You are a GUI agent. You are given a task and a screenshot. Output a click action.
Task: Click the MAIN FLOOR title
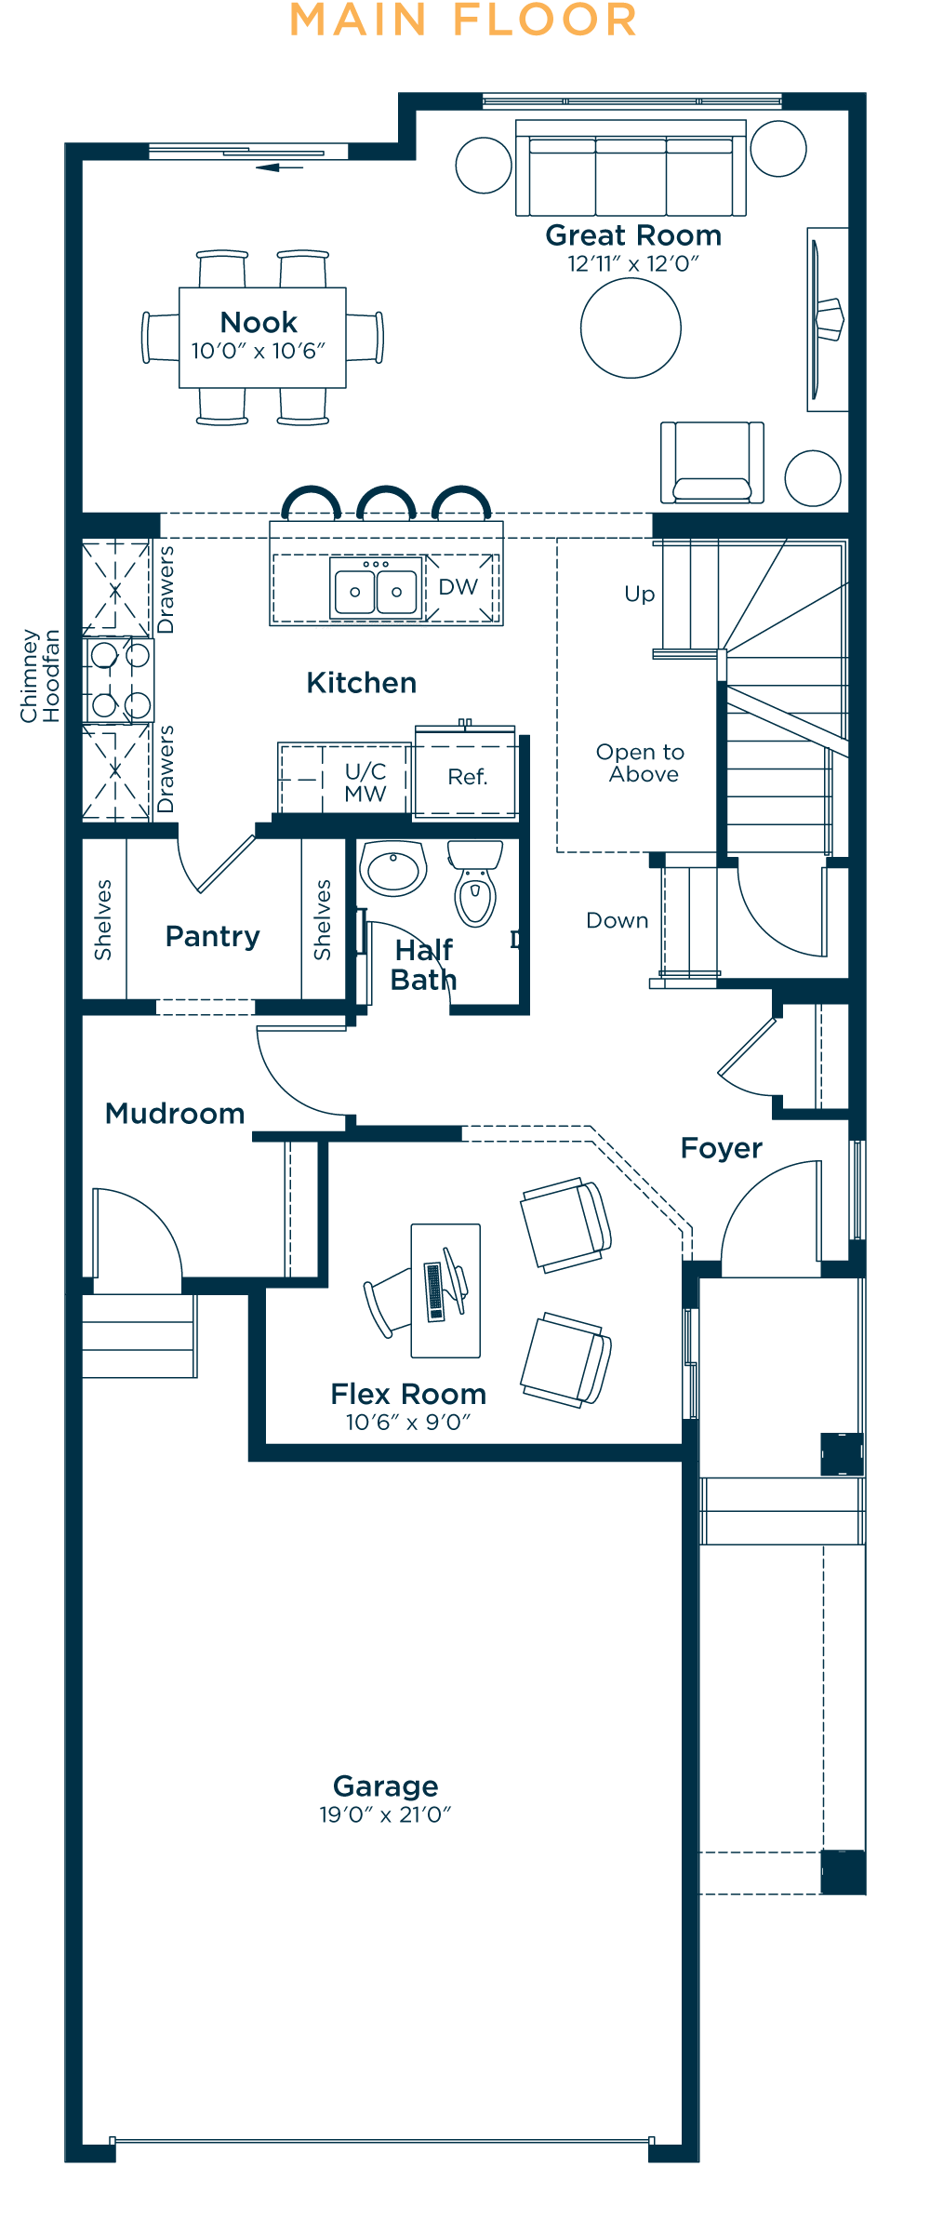click(463, 20)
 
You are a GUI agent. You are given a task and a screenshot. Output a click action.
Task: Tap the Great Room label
click(633, 235)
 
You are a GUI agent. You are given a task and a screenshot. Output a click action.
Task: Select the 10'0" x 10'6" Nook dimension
click(259, 352)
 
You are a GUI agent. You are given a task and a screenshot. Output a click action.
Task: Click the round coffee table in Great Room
click(631, 328)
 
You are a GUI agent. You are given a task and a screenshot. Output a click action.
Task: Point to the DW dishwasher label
click(458, 587)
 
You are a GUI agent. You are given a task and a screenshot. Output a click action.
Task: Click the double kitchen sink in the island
click(376, 589)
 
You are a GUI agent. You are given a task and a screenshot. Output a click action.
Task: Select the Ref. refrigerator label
click(467, 777)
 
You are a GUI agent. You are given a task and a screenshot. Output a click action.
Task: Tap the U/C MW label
click(365, 782)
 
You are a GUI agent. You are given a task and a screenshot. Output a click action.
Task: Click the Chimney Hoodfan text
click(40, 675)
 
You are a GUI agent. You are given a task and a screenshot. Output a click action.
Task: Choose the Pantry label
click(212, 936)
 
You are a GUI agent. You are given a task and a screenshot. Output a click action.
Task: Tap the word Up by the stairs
click(640, 595)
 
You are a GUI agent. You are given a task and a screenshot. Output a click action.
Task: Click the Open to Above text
click(641, 763)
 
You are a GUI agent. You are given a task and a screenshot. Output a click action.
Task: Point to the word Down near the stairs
click(618, 920)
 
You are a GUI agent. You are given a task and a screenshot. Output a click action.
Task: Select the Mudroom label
click(175, 1114)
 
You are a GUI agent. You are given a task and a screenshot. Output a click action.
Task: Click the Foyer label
click(721, 1148)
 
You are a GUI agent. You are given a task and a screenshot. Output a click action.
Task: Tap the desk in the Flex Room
click(445, 1290)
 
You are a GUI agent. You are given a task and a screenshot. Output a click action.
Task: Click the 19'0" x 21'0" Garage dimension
click(385, 1814)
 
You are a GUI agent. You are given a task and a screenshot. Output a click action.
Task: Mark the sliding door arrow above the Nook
click(279, 167)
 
